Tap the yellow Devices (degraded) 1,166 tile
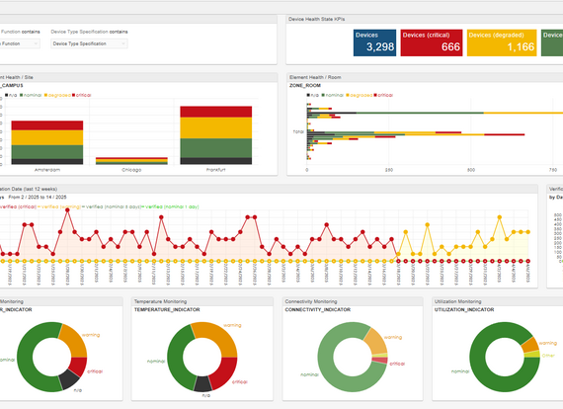pyautogui.click(x=501, y=41)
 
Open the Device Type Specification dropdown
pyautogui.click(x=87, y=43)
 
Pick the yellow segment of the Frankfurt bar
pyautogui.click(x=214, y=127)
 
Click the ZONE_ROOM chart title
pyautogui.click(x=304, y=86)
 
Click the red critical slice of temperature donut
pyautogui.click(x=225, y=368)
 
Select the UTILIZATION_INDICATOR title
pyautogui.click(x=469, y=309)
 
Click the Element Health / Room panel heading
pyautogui.click(x=321, y=76)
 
